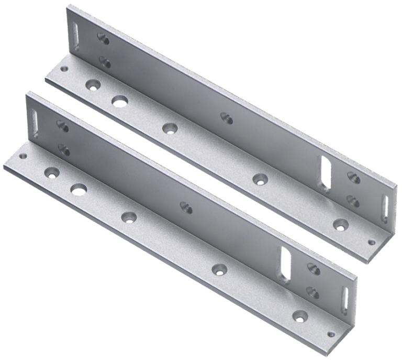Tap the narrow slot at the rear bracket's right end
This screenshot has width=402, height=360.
click(x=385, y=208)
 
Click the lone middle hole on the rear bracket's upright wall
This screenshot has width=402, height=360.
click(x=226, y=118)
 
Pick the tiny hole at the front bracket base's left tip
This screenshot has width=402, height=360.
click(x=23, y=156)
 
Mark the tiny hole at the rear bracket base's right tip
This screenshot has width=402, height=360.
click(x=371, y=242)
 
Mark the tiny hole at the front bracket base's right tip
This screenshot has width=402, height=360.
click(x=330, y=332)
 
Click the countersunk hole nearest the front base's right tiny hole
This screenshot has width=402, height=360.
click(x=300, y=315)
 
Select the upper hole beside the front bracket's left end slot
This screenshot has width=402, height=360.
click(x=62, y=126)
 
